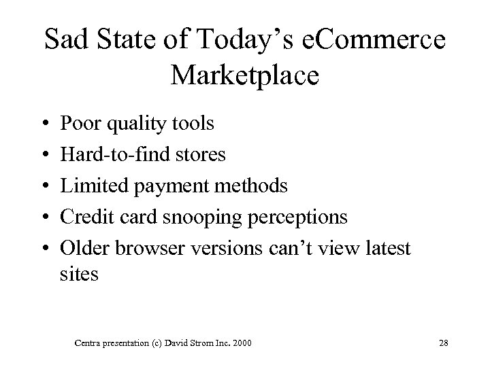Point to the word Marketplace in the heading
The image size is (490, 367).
(245, 74)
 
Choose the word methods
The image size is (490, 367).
(251, 186)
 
